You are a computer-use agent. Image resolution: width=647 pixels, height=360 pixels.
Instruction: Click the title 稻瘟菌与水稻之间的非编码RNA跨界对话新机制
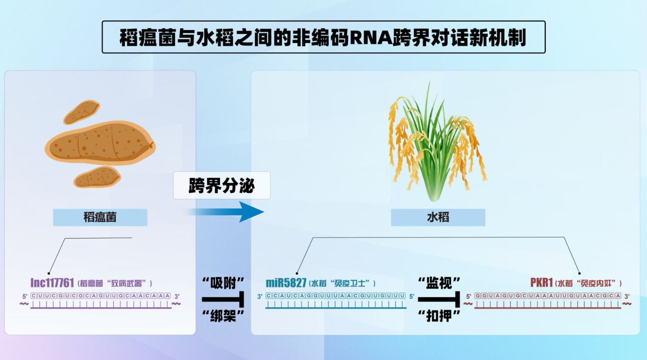(323, 37)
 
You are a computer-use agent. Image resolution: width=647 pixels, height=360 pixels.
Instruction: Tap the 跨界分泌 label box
(222, 186)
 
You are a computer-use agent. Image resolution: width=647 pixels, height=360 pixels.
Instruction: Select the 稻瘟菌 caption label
(100, 217)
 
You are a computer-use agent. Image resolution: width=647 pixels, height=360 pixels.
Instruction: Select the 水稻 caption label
(438, 217)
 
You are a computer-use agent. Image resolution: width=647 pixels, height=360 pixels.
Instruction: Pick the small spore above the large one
(82, 112)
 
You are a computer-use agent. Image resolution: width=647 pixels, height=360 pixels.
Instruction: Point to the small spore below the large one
(97, 177)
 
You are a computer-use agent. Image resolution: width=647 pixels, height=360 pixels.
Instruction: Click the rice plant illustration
(437, 141)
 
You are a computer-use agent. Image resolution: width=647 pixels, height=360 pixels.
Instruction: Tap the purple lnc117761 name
(52, 283)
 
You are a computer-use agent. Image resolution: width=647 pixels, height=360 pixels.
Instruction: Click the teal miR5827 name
(286, 283)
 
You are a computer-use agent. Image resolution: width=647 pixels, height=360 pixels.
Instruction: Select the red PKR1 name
(541, 283)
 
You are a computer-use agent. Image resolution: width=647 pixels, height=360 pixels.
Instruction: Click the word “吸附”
(223, 283)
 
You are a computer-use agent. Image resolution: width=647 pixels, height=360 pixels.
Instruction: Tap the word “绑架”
(223, 316)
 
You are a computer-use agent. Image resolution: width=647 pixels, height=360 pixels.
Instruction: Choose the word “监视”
(439, 283)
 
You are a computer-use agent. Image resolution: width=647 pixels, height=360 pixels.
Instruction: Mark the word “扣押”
(439, 316)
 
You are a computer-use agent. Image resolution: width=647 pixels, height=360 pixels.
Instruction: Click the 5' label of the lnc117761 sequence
(25, 296)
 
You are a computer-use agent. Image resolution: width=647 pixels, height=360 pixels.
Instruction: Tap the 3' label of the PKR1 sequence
(627, 296)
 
